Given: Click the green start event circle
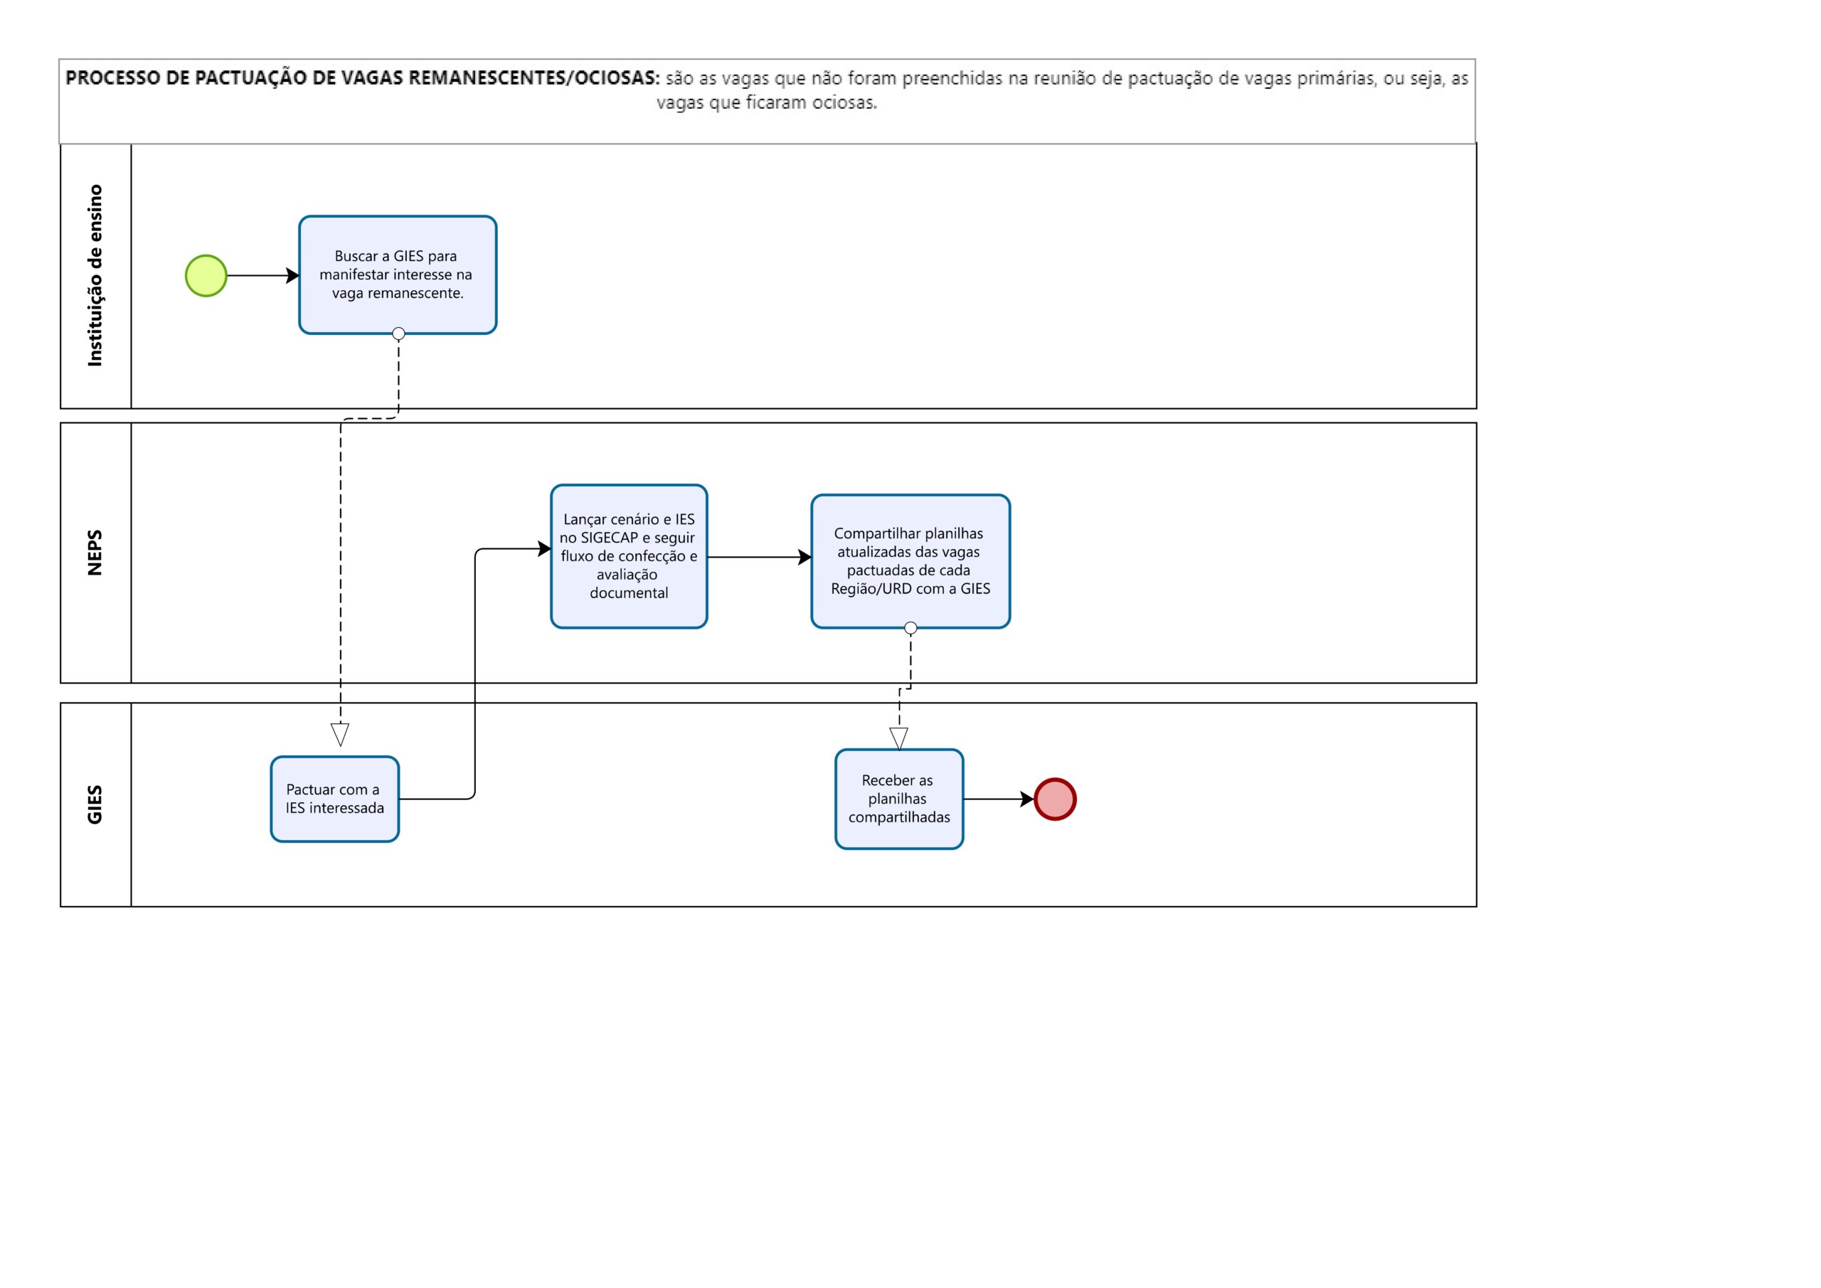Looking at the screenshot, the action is click(x=206, y=276).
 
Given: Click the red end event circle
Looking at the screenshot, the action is click(x=1055, y=799).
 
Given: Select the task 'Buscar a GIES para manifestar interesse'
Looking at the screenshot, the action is click(x=398, y=275).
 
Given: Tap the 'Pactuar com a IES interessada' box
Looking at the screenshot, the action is click(x=335, y=799).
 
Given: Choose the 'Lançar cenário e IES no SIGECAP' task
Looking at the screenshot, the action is click(x=629, y=556).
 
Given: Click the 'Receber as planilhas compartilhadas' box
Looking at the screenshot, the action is click(x=899, y=799).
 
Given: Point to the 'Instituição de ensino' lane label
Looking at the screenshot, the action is click(x=95, y=276).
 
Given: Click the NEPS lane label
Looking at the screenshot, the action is click(x=95, y=553).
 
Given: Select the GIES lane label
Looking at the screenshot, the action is click(x=95, y=805).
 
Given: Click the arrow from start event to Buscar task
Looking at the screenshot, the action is click(x=263, y=276).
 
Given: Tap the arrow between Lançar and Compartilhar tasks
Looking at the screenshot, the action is click(x=759, y=558).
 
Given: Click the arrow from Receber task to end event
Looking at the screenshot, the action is click(x=999, y=799).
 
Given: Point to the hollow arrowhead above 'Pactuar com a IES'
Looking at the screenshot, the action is click(x=340, y=735).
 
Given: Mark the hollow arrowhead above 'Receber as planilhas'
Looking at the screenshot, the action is click(x=898, y=739).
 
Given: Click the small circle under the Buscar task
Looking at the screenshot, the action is click(x=399, y=334).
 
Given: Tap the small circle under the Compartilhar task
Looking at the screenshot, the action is click(x=910, y=628).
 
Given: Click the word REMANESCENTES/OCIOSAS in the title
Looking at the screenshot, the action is click(x=533, y=78).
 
